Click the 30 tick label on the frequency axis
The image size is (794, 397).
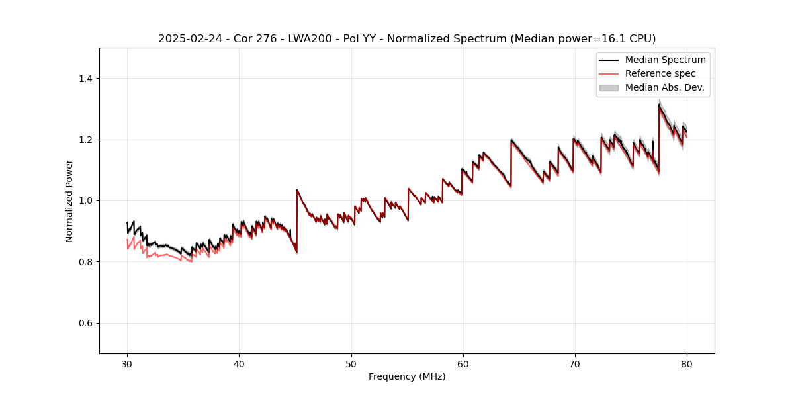pos(127,363)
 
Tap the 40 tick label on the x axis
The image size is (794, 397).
pos(239,363)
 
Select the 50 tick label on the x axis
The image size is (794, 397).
pos(351,363)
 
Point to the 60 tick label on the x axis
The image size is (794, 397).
pos(463,363)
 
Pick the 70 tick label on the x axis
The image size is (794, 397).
pos(574,363)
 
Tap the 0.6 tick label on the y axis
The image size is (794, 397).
pos(85,323)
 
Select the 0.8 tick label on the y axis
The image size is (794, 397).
pos(85,262)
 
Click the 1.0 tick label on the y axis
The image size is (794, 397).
pos(85,200)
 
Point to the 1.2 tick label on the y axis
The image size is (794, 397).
pos(85,140)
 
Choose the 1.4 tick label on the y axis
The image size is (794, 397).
pos(85,79)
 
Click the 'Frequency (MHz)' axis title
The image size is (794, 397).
pos(407,376)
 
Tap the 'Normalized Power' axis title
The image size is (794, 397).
pos(69,200)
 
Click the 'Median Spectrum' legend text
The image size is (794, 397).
pos(665,60)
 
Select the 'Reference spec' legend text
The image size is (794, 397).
pos(660,73)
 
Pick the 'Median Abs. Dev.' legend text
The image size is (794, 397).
pos(664,87)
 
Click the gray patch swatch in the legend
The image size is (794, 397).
pos(609,87)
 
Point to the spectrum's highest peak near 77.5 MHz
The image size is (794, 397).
pos(659,104)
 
